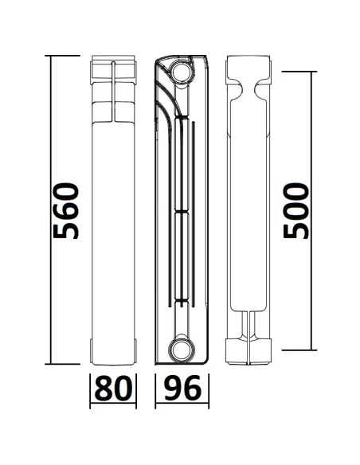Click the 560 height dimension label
(x=65, y=211)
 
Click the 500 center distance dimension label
(x=297, y=211)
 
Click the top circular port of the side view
(x=182, y=73)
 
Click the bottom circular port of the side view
(x=182, y=348)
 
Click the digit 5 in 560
(x=65, y=231)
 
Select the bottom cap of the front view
(x=113, y=351)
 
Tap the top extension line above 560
(x=64, y=55)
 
